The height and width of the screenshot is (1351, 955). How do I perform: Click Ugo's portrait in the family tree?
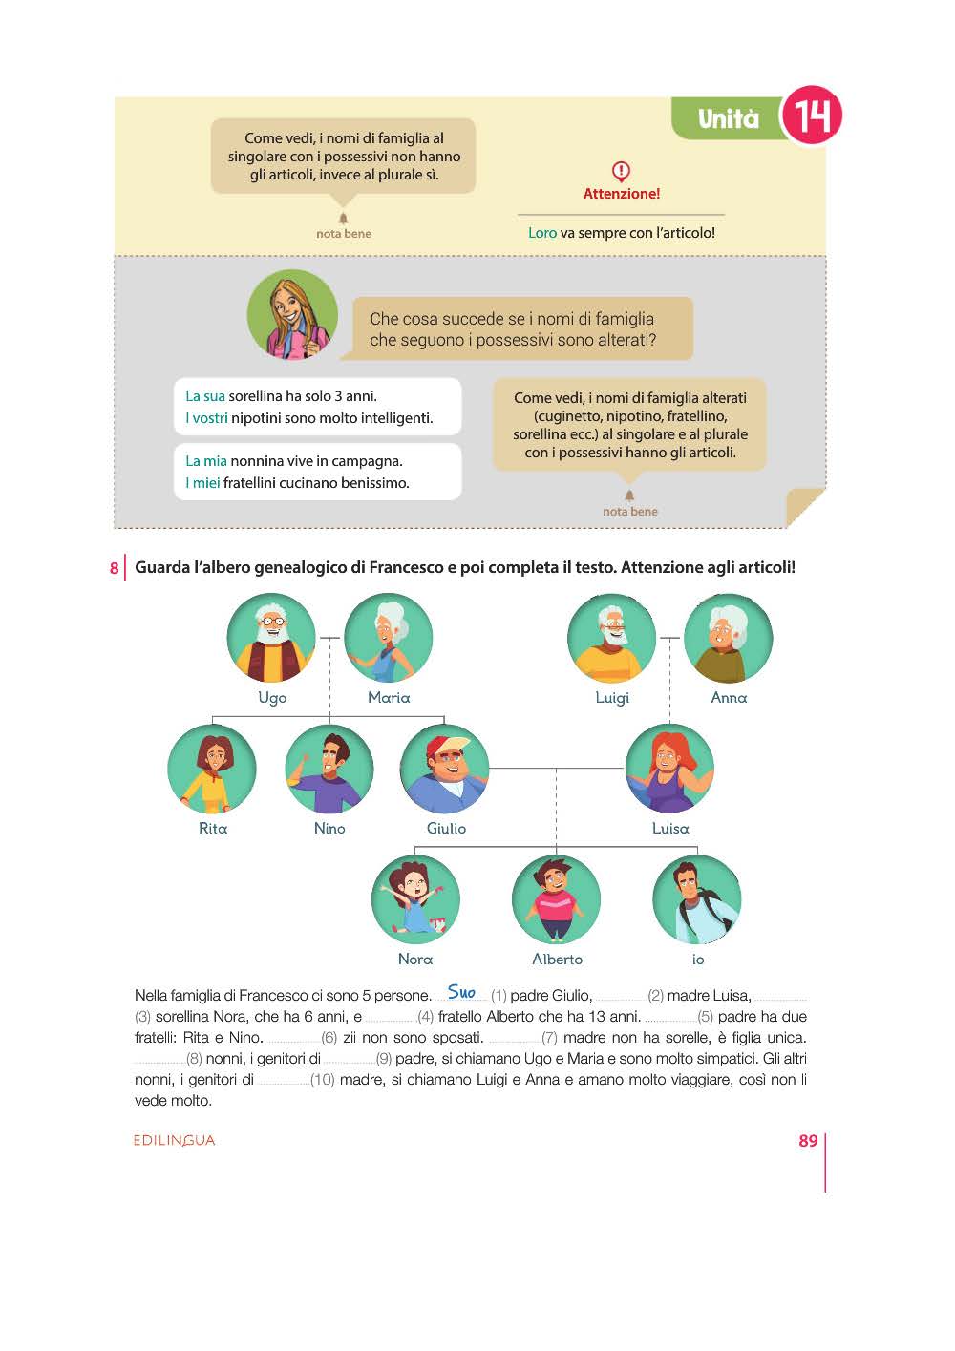pyautogui.click(x=271, y=638)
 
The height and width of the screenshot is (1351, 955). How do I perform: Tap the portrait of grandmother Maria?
pyautogui.click(x=388, y=638)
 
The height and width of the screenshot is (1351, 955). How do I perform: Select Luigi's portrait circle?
pyautogui.click(x=611, y=638)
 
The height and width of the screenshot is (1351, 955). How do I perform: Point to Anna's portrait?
pyautogui.click(x=728, y=638)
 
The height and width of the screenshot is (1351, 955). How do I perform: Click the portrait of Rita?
pyautogui.click(x=212, y=769)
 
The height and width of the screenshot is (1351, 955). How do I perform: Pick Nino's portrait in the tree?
pyautogui.click(x=329, y=769)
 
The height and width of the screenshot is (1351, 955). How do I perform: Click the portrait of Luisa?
pyautogui.click(x=669, y=769)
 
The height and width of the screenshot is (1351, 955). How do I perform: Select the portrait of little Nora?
pyautogui.click(x=415, y=899)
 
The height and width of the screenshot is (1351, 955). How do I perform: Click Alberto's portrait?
pyautogui.click(x=556, y=899)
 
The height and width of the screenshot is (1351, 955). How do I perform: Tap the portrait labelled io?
pyautogui.click(x=697, y=899)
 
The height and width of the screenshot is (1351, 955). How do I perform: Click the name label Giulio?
pyautogui.click(x=446, y=829)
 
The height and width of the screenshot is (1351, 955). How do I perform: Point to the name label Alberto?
pyautogui.click(x=557, y=960)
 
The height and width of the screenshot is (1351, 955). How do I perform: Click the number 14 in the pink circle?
pyautogui.click(x=812, y=116)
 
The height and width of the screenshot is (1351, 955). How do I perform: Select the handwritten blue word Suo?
pyautogui.click(x=461, y=992)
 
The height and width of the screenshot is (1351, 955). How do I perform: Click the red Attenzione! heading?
pyautogui.click(x=621, y=194)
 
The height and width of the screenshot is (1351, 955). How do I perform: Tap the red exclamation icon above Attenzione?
pyautogui.click(x=621, y=172)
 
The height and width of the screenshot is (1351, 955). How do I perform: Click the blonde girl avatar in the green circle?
pyautogui.click(x=292, y=315)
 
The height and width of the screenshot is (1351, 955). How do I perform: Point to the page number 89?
pyautogui.click(x=808, y=1141)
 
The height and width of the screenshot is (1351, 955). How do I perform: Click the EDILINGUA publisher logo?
pyautogui.click(x=175, y=1140)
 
